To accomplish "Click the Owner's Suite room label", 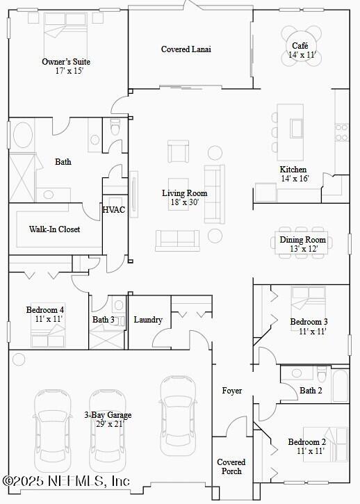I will [66, 62].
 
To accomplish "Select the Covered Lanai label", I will [186, 49].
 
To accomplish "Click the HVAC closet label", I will [114, 210].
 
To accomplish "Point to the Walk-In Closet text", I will [54, 229].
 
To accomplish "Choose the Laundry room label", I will [148, 320].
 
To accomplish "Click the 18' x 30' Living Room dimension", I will [185, 202].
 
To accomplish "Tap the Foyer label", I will [232, 391].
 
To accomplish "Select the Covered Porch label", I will [231, 466].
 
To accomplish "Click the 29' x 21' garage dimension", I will [108, 424].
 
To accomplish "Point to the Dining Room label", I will [303, 240].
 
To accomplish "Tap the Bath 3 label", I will [104, 320].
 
